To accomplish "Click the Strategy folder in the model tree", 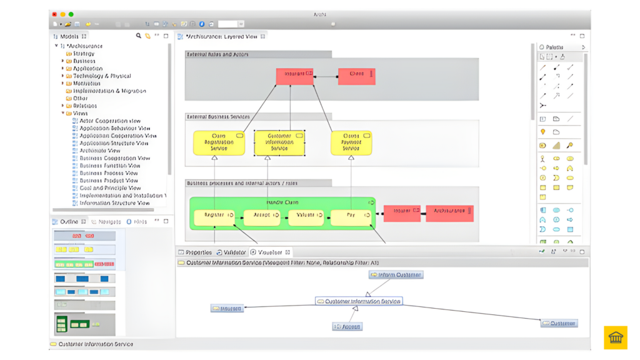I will pyautogui.click(x=83, y=54).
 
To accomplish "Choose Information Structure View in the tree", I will pyautogui.click(x=114, y=203).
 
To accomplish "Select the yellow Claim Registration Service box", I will pyautogui.click(x=219, y=143).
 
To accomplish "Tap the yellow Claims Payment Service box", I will pyautogui.click(x=351, y=143).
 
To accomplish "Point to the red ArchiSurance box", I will pyautogui.click(x=449, y=213).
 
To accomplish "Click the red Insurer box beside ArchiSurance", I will pyautogui.click(x=402, y=213).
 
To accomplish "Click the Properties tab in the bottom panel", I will pyautogui.click(x=198, y=252).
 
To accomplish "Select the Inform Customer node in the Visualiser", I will pyautogui.click(x=396, y=275).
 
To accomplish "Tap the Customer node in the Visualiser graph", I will pyautogui.click(x=559, y=323).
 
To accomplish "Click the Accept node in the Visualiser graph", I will pyautogui.click(x=347, y=326).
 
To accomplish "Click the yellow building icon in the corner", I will pyautogui.click(x=616, y=337).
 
